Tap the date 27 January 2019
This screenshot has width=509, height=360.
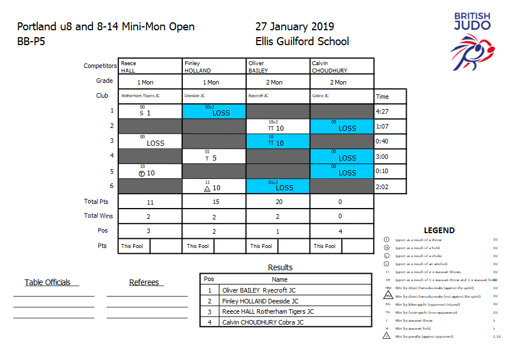tap(295, 27)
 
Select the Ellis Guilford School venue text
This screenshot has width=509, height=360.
tap(302, 41)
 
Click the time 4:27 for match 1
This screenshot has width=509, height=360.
tap(383, 111)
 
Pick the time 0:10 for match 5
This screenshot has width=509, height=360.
tap(383, 171)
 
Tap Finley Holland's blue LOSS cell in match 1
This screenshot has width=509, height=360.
tap(214, 111)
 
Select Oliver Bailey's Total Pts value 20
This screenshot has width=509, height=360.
tap(278, 202)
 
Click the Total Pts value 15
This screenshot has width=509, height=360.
tap(214, 202)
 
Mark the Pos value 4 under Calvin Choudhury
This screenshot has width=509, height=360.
tap(342, 231)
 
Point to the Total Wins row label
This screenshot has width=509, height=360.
tap(99, 216)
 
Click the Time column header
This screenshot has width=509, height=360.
tap(382, 97)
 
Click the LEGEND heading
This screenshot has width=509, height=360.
tap(439, 230)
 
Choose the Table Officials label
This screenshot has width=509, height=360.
tap(48, 282)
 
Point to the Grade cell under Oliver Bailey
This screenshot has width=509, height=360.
tap(278, 82)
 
